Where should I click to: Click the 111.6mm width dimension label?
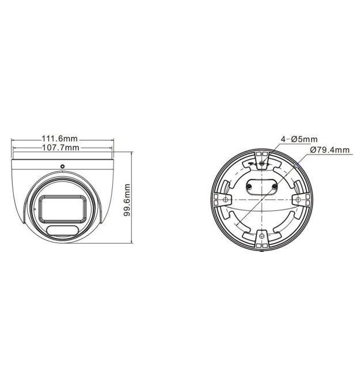pos(60,139)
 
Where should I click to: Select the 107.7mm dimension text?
pos(61,147)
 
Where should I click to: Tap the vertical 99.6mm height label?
pos(127,200)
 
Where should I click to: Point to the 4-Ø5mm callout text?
pos(299,139)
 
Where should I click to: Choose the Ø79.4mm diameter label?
pos(329,150)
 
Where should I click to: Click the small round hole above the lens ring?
pos(63,166)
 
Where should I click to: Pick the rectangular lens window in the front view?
pos(63,208)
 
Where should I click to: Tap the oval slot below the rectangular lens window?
pos(63,230)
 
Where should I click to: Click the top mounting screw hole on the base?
pos(262,162)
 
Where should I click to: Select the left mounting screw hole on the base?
pos(225,199)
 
